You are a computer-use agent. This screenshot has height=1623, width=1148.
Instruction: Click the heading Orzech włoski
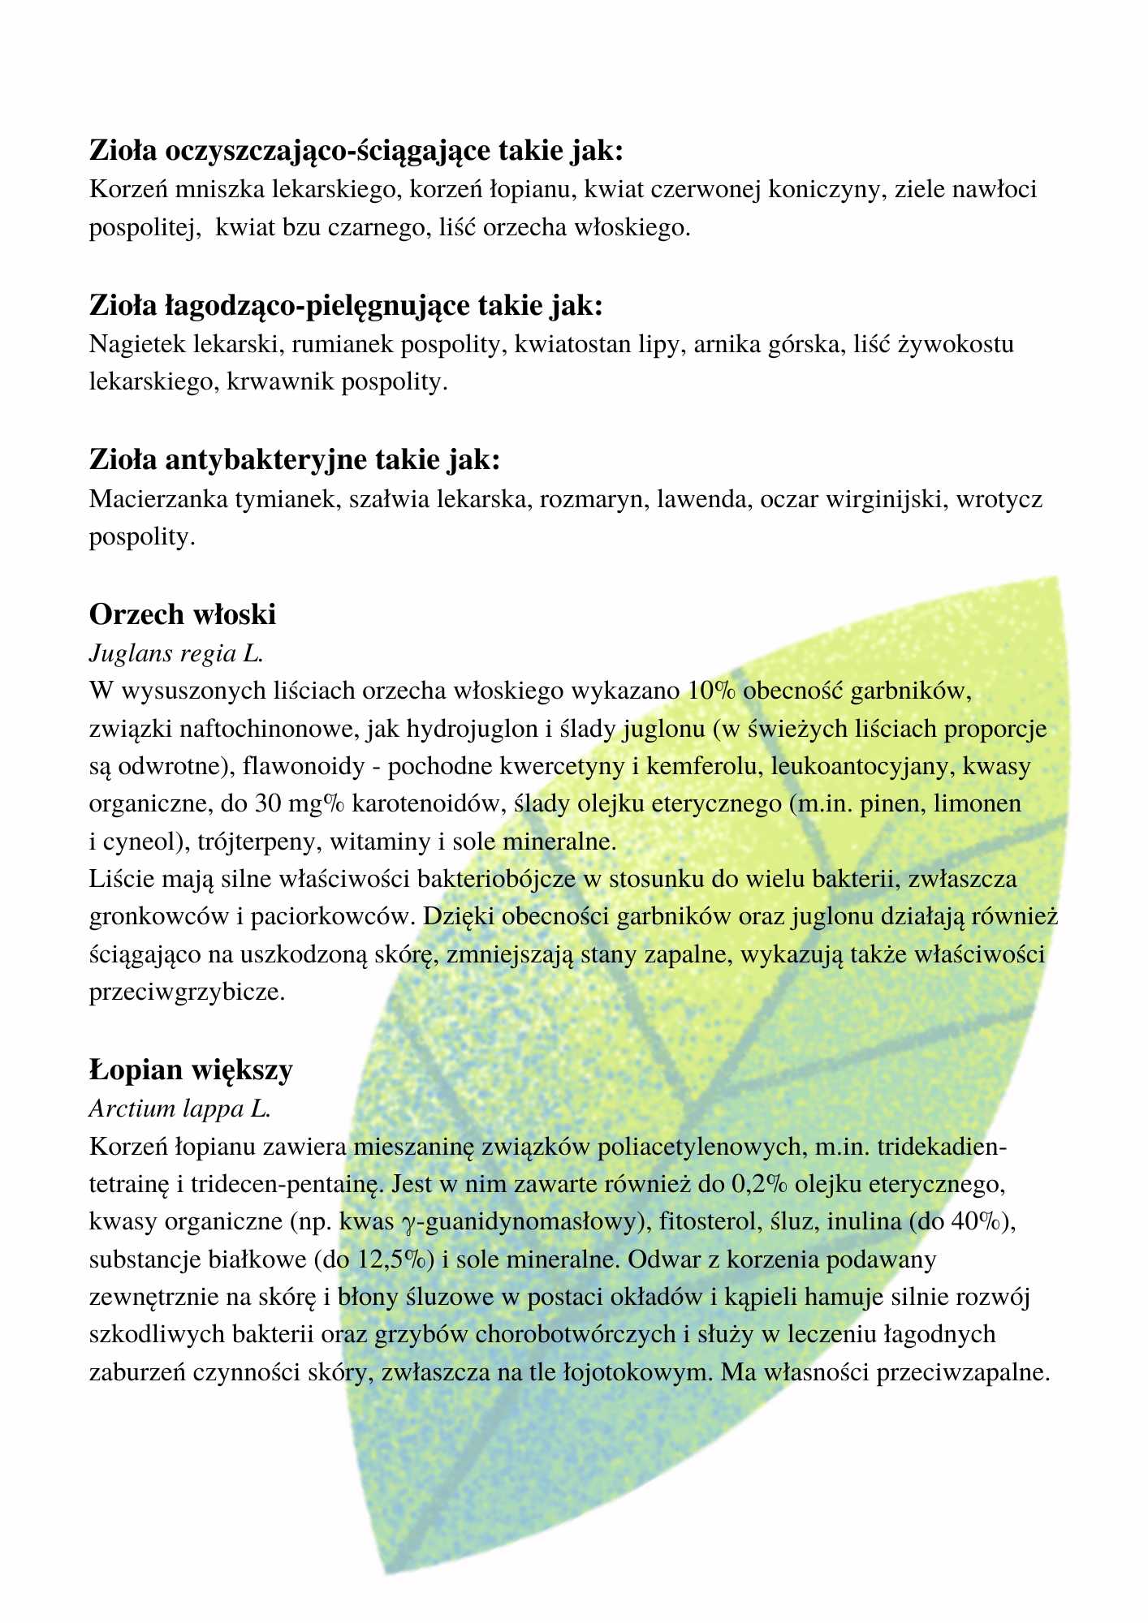click(x=183, y=614)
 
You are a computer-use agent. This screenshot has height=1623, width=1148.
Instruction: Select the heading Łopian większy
click(x=191, y=1070)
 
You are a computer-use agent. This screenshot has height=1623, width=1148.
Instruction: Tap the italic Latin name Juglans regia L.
click(x=176, y=652)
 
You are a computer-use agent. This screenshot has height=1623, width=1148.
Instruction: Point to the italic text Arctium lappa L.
click(x=179, y=1108)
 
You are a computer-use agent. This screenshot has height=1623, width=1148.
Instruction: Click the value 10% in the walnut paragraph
click(x=711, y=691)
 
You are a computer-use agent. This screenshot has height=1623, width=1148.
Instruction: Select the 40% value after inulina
click(x=978, y=1221)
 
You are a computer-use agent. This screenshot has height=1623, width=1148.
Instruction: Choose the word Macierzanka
click(x=158, y=498)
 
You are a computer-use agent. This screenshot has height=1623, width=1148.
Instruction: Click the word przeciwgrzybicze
click(x=186, y=992)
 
